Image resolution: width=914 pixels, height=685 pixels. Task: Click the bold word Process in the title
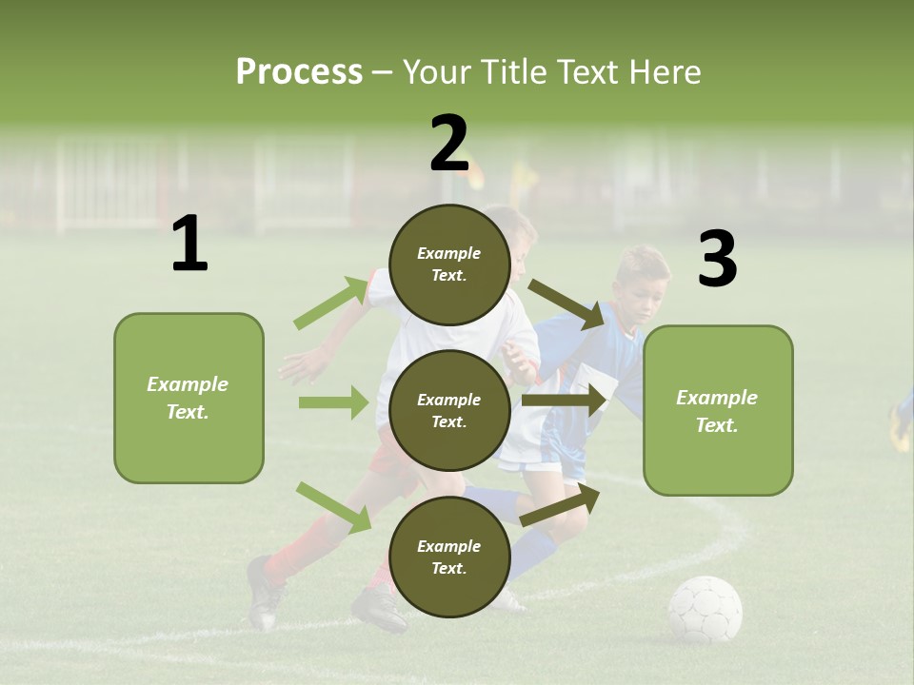(299, 71)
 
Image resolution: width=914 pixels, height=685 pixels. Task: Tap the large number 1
(189, 245)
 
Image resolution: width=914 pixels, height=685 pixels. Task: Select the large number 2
(449, 144)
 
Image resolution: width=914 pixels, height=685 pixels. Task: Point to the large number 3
(717, 260)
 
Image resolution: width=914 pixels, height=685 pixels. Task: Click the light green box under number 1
(189, 398)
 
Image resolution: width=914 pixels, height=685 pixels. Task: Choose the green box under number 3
(718, 410)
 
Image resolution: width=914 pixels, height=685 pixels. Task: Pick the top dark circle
(449, 264)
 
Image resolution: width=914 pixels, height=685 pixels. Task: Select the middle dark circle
(449, 410)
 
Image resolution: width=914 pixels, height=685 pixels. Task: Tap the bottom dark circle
(449, 557)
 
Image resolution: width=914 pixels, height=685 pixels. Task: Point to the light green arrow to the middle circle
(333, 402)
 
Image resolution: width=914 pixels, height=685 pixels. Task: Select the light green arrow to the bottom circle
(334, 506)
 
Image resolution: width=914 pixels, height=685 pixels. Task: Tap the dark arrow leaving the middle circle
(565, 400)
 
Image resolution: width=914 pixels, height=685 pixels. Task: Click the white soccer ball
(705, 610)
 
